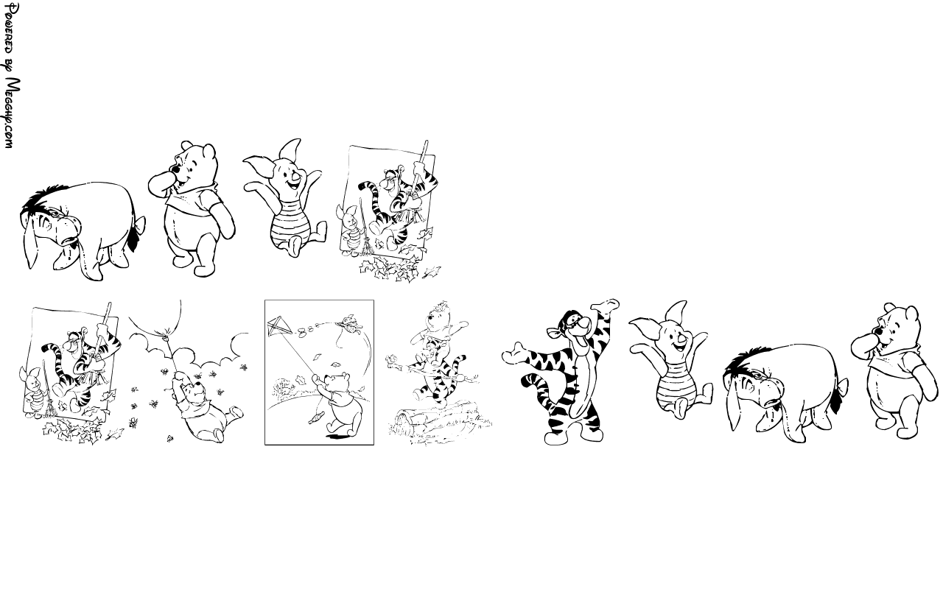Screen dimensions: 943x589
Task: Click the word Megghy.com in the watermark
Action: (13, 113)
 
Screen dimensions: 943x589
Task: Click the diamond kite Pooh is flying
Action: (279, 326)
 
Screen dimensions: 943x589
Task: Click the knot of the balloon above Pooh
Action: (166, 335)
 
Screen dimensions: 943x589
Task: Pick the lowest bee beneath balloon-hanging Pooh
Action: (169, 438)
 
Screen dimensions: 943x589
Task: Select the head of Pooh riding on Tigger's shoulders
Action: (438, 317)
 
